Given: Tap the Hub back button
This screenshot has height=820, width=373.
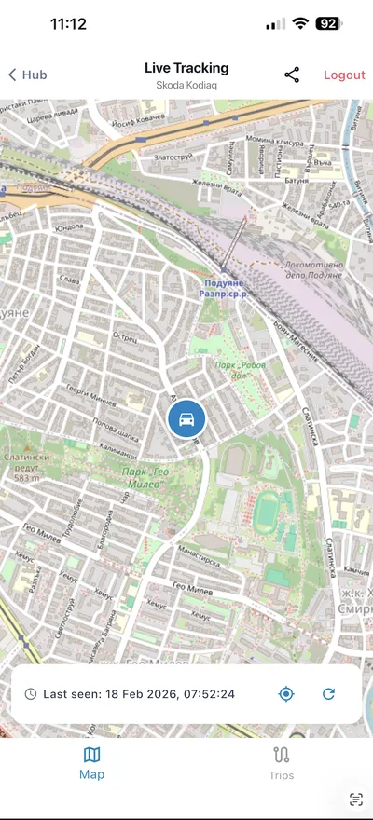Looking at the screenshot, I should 28,75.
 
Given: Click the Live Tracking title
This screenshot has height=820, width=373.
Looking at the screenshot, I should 186,68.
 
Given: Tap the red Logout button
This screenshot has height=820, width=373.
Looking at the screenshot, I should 344,75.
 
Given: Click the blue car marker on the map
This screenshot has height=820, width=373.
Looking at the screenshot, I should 186,419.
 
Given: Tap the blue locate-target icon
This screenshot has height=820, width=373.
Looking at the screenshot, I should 286,694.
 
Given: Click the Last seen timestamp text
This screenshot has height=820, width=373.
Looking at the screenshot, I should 139,694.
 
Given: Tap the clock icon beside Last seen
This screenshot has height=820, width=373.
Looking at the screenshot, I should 31,694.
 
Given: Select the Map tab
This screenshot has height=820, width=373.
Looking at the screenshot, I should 91,762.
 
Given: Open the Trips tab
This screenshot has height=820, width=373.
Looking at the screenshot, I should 282,762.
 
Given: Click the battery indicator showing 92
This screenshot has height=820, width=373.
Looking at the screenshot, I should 327,24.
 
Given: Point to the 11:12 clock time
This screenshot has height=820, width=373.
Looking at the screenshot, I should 68,24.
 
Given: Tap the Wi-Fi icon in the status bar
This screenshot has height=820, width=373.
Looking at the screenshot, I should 300,24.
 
